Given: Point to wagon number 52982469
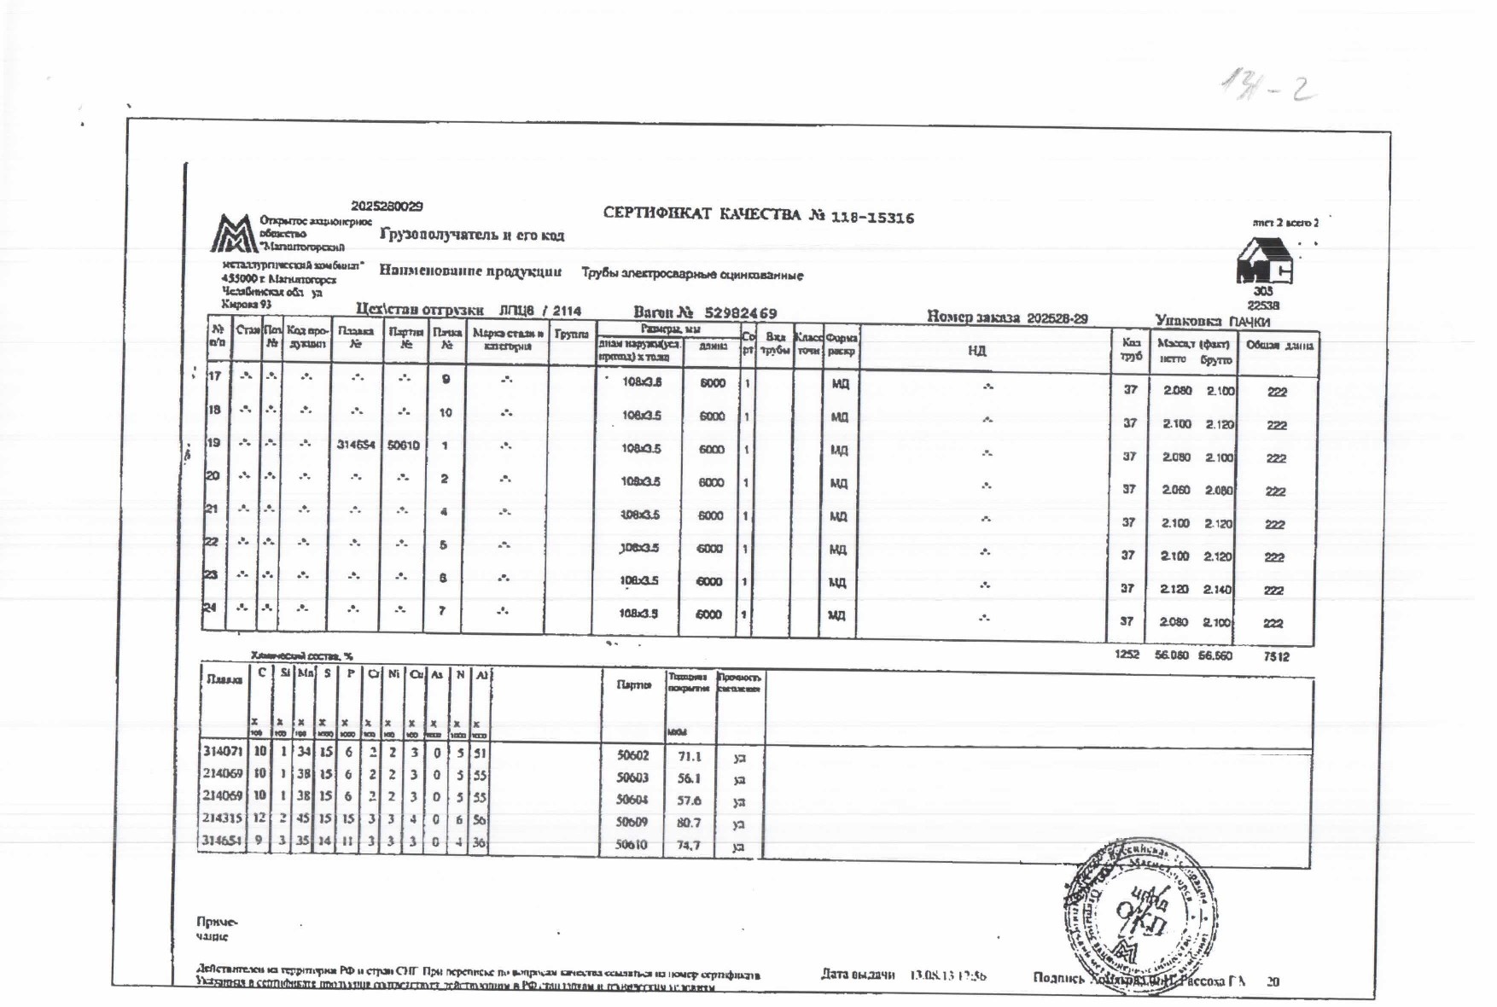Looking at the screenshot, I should point(740,313).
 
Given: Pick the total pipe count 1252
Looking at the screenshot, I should point(1127,655).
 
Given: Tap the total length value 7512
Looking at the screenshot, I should point(1276,656).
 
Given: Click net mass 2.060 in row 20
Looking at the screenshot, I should point(1174,491).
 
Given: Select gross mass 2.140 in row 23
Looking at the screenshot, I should point(1218,590).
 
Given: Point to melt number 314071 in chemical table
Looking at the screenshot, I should point(223,752).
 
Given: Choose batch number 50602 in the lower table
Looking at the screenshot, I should point(632,755).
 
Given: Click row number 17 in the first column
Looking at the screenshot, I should point(214,376).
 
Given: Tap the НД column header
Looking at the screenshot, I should point(977,351).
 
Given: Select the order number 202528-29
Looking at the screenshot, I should point(1057,318).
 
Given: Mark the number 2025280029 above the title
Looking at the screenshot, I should point(387,207).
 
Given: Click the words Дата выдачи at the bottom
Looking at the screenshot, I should point(857,975).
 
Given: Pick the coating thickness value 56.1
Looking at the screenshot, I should point(689,778).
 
